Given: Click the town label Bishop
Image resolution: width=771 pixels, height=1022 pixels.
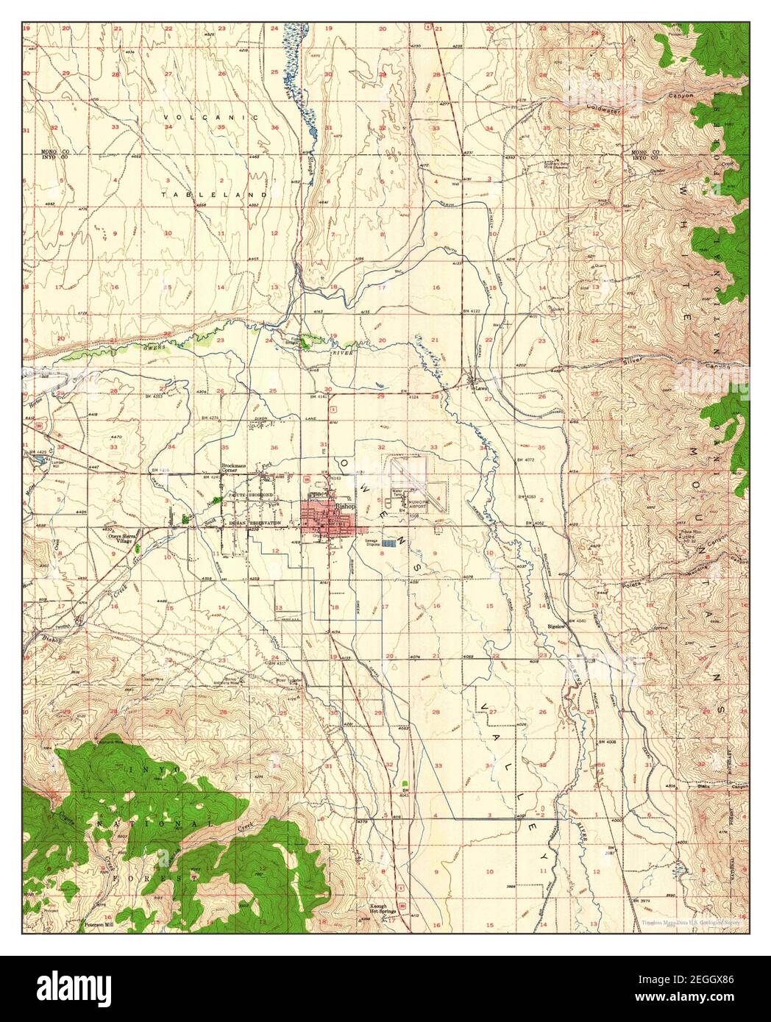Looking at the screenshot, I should pos(344,507).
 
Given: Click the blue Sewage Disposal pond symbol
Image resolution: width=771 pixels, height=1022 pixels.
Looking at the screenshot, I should pos(398,543).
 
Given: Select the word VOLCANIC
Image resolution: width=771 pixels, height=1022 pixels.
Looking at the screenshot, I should pos(212,118).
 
